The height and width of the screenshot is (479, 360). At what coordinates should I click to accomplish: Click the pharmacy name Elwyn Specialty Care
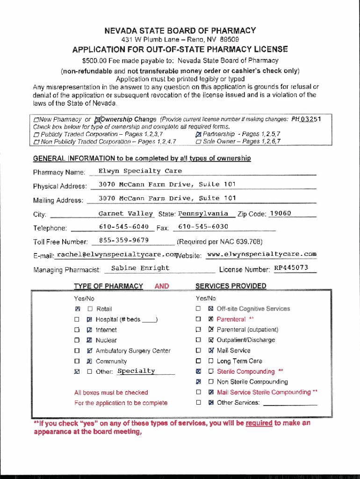(140, 171)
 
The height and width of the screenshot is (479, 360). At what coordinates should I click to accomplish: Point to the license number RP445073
(291, 268)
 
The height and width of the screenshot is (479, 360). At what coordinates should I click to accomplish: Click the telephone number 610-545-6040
(124, 227)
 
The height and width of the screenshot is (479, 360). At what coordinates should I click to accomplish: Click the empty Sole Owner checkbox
(199, 142)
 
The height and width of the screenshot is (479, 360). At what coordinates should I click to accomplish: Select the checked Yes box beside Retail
(78, 309)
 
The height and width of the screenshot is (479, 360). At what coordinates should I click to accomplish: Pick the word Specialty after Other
(136, 371)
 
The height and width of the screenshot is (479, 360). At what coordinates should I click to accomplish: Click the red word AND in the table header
(161, 286)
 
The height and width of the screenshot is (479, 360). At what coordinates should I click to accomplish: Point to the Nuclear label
(106, 341)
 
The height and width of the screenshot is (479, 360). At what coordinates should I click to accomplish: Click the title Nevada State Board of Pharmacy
(180, 31)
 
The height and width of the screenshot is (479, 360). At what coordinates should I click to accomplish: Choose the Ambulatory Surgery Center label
(133, 351)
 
